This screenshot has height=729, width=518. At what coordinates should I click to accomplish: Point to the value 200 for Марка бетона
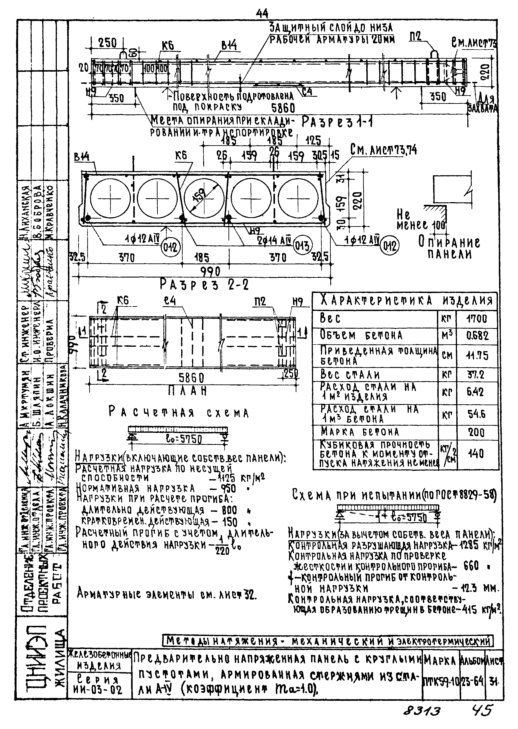pyautogui.click(x=477, y=433)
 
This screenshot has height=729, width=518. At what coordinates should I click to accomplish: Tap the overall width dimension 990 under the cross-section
pyautogui.click(x=210, y=272)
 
